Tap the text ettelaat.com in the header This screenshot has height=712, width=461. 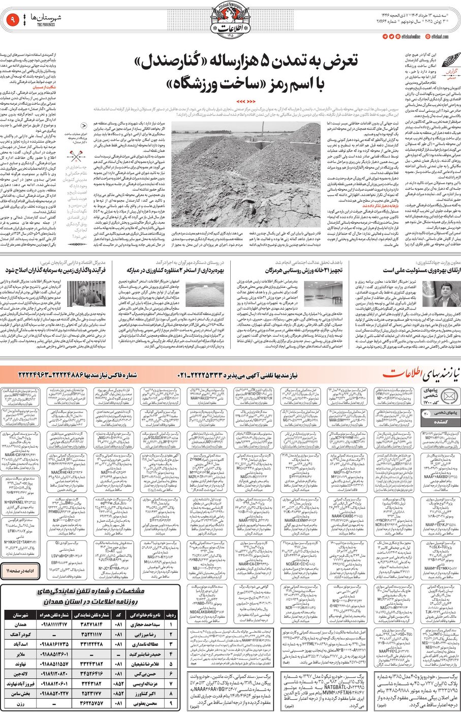tap(440, 37)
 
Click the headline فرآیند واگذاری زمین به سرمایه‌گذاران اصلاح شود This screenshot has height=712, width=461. tap(56, 270)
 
